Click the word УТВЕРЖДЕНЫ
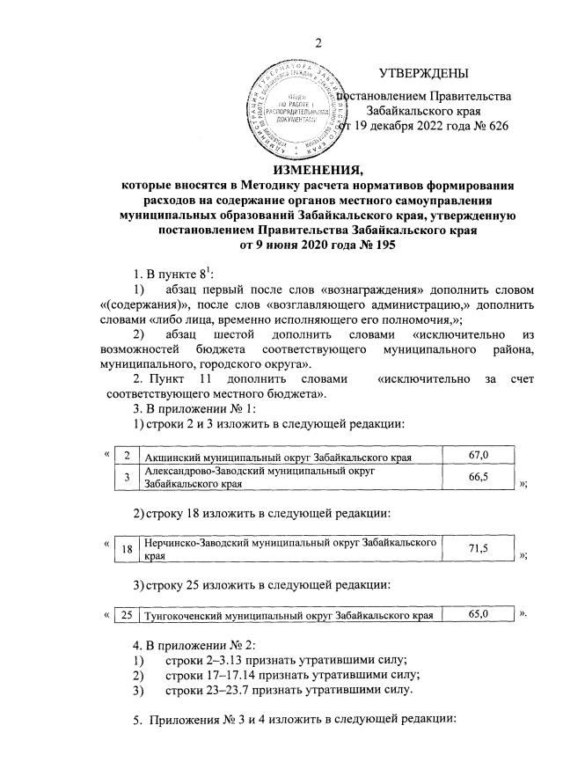(423, 74)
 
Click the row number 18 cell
(127, 549)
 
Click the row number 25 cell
(127, 614)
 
